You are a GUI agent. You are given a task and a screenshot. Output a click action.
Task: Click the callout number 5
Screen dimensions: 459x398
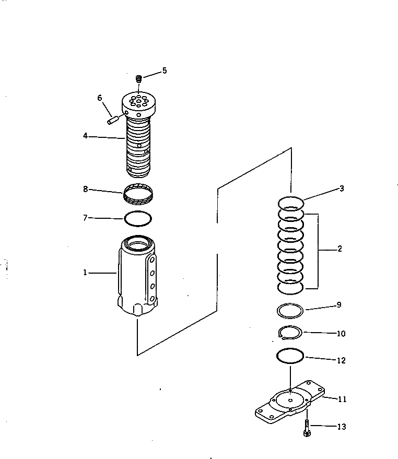pos(165,70)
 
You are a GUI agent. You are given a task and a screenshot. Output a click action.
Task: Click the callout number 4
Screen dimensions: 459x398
pos(85,136)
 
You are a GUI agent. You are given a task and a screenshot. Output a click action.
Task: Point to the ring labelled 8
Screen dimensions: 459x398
pos(139,194)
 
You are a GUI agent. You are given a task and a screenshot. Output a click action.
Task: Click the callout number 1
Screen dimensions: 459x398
pos(85,272)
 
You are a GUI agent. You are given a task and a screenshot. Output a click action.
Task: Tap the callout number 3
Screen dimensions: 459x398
pos(342,189)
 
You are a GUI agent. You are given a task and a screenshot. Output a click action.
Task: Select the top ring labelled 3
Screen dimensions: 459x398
pos(291,202)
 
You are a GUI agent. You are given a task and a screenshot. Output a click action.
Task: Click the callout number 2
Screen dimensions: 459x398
pos(340,249)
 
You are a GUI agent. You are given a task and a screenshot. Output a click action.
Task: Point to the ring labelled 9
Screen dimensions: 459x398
pos(290,311)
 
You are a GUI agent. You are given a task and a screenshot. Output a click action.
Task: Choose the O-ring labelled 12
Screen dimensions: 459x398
pos(290,356)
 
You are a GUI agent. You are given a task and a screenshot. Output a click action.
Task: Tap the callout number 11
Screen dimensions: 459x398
pos(342,399)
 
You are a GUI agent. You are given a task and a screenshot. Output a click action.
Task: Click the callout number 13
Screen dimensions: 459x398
pos(341,427)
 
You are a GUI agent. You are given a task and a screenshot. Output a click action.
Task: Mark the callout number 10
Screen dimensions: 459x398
pos(341,333)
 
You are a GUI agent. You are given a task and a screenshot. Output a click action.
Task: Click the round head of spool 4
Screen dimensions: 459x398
pos(138,102)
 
